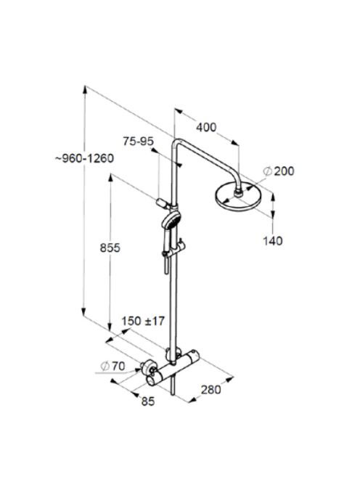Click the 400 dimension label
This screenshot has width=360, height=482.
point(206,127)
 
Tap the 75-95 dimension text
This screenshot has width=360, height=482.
point(139,141)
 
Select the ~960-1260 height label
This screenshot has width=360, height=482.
point(84,158)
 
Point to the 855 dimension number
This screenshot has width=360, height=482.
point(110,248)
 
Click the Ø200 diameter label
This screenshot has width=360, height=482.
point(279,171)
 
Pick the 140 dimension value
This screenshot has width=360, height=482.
point(273,241)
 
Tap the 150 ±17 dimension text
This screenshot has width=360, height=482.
point(143,321)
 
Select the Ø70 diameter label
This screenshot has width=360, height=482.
point(112,366)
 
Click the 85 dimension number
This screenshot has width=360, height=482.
point(148,401)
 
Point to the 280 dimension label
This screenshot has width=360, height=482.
point(211,390)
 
